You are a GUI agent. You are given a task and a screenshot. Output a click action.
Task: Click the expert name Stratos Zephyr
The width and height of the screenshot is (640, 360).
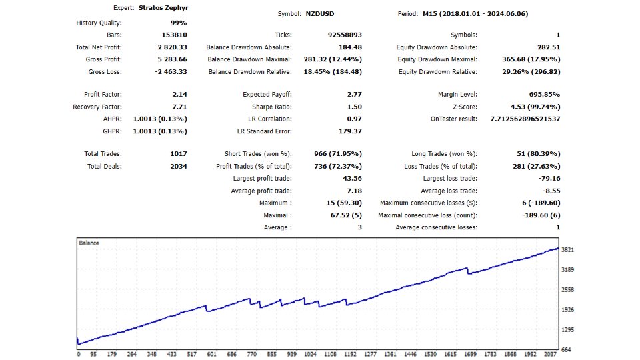(x=163, y=9)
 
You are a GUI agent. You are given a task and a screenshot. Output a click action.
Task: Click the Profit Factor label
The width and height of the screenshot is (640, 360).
(x=103, y=95)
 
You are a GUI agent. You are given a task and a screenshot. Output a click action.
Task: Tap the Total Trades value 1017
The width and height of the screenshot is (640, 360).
(x=178, y=154)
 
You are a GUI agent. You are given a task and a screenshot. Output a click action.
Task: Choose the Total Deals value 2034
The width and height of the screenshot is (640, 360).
(x=178, y=166)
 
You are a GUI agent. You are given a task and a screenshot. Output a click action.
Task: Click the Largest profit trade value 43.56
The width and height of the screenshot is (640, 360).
(x=351, y=179)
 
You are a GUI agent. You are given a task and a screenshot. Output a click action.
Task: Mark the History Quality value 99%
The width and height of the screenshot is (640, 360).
(x=178, y=23)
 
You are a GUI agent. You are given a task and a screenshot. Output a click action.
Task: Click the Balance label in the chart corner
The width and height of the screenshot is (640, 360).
(x=89, y=243)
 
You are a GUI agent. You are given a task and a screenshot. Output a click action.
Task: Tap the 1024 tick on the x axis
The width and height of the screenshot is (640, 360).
(x=310, y=355)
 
